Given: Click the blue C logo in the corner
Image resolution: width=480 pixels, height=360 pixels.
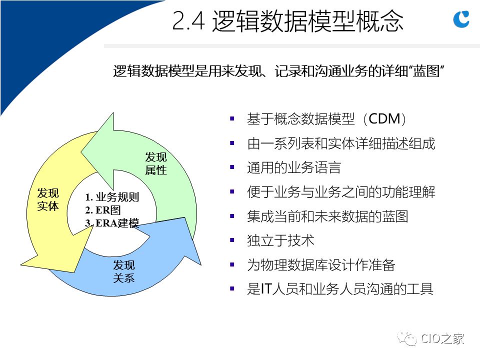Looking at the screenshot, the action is tap(461, 19).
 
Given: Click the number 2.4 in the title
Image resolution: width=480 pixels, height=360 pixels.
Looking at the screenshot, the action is tap(188, 21).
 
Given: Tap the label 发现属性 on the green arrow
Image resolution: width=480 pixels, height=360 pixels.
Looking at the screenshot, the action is tap(156, 164).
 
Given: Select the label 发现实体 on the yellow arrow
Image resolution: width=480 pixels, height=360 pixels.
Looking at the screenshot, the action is tap(48, 199).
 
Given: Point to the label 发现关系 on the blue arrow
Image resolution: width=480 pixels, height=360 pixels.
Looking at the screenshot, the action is tap(124, 271).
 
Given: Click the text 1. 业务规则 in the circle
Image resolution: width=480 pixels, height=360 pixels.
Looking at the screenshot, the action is tap(112, 197).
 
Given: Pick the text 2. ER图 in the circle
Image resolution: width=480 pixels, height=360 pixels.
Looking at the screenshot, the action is tap(103, 210).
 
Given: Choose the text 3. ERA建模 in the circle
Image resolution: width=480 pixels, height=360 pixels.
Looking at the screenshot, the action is tap(112, 223).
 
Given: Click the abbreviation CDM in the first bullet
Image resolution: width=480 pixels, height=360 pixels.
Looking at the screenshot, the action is tap(384, 119).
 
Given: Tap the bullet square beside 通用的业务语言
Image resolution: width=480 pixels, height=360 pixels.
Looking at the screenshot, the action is tap(232, 167).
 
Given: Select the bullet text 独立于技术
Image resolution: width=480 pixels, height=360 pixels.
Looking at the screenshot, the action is tap(280, 240).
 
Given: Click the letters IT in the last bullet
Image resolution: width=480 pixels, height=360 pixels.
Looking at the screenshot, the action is tap(265, 289).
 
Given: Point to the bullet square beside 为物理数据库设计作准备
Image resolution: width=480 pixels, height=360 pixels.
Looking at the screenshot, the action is tap(232, 264).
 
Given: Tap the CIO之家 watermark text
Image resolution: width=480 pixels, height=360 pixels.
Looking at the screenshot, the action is tap(442, 338).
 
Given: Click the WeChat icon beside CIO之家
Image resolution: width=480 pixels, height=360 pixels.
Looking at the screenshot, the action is tap(407, 338).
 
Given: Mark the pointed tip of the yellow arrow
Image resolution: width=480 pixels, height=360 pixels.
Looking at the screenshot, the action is tap(21, 264).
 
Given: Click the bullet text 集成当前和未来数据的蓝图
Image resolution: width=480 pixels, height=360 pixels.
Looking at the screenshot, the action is tap(327, 216).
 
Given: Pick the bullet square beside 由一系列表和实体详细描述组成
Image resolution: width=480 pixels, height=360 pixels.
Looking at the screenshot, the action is tap(232, 143).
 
